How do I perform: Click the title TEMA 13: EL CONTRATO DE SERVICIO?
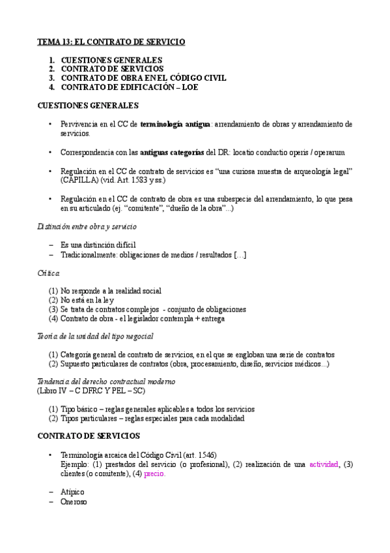pyautogui.click(x=111, y=42)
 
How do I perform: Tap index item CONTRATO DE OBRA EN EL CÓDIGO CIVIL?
pyautogui.click(x=143, y=78)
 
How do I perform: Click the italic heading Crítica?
pyautogui.click(x=48, y=273)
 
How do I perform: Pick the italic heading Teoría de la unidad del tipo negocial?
pyautogui.click(x=95, y=336)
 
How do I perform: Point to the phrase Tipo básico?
pyautogui.click(x=79, y=409)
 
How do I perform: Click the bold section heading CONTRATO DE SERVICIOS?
pyautogui.click(x=87, y=435)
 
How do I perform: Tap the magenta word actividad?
pyautogui.click(x=322, y=464)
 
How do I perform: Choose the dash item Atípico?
pyautogui.click(x=72, y=491)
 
